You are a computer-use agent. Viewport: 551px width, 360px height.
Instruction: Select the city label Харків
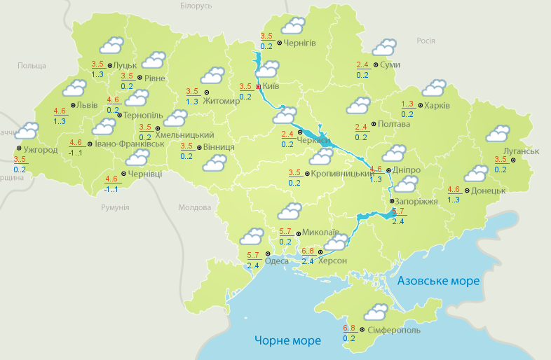coord(436,106)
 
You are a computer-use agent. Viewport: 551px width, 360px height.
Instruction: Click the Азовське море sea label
coord(438,281)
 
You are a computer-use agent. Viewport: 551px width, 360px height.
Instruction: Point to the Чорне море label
coord(287,340)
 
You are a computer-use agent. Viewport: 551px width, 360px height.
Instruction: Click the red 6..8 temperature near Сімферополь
coord(349,328)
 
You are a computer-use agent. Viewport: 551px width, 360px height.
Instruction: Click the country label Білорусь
coord(196,6)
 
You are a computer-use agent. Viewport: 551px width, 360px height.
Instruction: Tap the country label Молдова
coord(194,208)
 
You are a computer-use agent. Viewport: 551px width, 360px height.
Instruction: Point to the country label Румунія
coord(115,208)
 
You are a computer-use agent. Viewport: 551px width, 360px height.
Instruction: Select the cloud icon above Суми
coord(384,48)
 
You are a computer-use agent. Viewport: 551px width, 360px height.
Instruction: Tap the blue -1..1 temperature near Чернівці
coord(111,189)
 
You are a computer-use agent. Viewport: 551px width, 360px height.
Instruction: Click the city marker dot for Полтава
coord(373,124)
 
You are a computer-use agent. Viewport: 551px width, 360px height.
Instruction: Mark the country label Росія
coord(426,41)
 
